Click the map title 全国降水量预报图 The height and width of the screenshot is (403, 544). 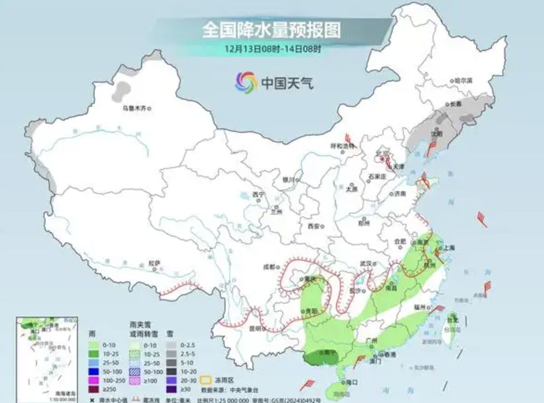click(271, 30)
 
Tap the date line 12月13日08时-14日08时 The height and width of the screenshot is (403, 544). click(272, 48)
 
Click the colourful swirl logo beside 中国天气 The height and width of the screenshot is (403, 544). click(246, 83)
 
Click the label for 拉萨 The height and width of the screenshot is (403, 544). click(154, 263)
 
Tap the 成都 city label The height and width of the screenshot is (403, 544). click(269, 266)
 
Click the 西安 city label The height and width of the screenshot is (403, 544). click(314, 226)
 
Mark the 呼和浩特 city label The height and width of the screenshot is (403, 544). click(342, 145)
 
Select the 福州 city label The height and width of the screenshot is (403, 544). click(421, 307)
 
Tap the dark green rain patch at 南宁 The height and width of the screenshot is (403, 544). click(320, 357)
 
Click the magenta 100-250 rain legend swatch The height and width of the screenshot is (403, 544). click(96, 380)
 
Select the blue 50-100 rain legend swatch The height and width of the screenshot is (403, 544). click(96, 371)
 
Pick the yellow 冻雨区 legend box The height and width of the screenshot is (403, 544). click(208, 380)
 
